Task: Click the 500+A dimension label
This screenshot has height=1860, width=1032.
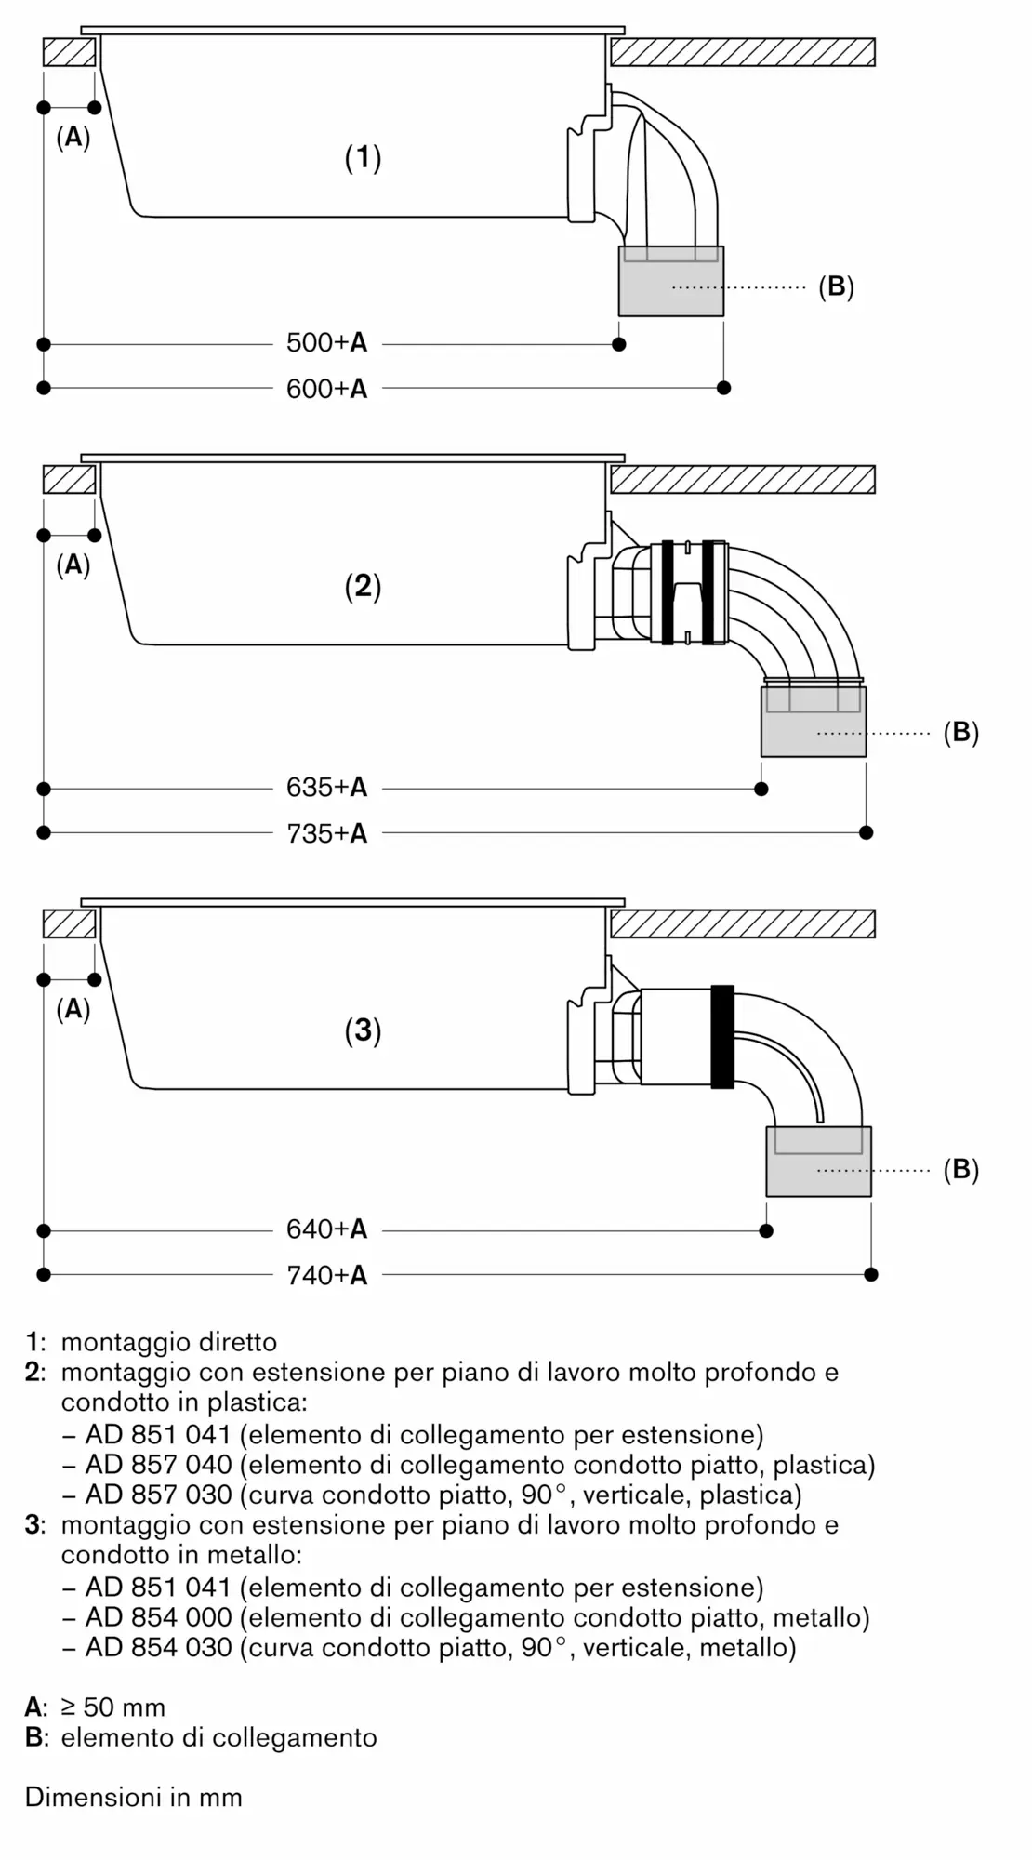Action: [x=326, y=343]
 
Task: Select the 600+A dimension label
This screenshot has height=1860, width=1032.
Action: [x=326, y=389]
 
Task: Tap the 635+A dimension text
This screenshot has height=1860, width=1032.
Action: [x=326, y=788]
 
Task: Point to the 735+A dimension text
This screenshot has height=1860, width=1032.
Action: [x=326, y=833]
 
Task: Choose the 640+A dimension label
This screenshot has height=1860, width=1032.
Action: [x=326, y=1229]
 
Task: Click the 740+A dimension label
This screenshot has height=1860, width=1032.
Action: [x=326, y=1275]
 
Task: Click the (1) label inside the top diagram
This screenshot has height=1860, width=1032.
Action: [x=363, y=157]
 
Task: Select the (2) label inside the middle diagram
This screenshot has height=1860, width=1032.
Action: [x=363, y=586]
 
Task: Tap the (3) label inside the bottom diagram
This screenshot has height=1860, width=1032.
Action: [x=363, y=1030]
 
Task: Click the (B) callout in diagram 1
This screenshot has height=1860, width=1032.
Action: [x=836, y=286]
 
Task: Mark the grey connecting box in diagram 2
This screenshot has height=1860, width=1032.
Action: [x=814, y=722]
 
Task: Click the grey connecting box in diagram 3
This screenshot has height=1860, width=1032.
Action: [x=818, y=1162]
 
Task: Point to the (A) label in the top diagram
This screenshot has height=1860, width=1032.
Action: [x=73, y=138]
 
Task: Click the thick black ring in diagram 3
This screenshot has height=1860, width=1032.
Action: [x=722, y=1036]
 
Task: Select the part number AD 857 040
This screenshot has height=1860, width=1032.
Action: [x=158, y=1465]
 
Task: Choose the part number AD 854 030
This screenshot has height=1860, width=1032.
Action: [x=158, y=1648]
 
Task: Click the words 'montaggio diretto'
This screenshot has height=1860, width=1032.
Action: [x=169, y=1342]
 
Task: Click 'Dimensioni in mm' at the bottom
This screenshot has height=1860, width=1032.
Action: [x=133, y=1798]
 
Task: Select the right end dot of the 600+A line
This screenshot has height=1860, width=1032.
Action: [x=724, y=387]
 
